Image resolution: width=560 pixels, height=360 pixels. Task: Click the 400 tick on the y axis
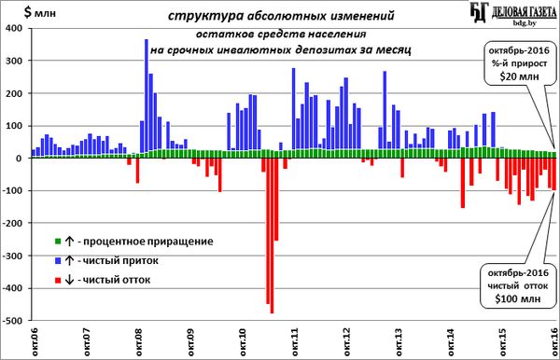click(x=14, y=28)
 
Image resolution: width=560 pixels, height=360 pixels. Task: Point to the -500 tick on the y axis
click(x=12, y=321)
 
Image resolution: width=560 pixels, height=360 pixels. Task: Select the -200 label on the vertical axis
click(x=12, y=223)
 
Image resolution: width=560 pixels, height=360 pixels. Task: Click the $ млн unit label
click(x=39, y=12)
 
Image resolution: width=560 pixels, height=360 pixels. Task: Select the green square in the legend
click(x=58, y=242)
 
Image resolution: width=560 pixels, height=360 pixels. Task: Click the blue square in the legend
click(x=58, y=261)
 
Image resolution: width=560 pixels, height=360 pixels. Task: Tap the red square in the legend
click(x=58, y=280)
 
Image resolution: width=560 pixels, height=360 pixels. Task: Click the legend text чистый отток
click(x=117, y=280)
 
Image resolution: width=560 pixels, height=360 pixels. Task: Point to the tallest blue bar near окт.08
click(x=147, y=96)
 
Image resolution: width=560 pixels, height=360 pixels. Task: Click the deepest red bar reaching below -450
click(x=273, y=236)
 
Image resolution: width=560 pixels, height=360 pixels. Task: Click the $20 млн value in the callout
click(x=519, y=76)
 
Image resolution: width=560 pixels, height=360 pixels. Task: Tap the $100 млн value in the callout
click(x=518, y=298)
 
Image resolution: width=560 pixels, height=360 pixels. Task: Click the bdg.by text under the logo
click(x=525, y=23)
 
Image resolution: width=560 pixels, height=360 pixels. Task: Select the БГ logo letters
click(x=479, y=12)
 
